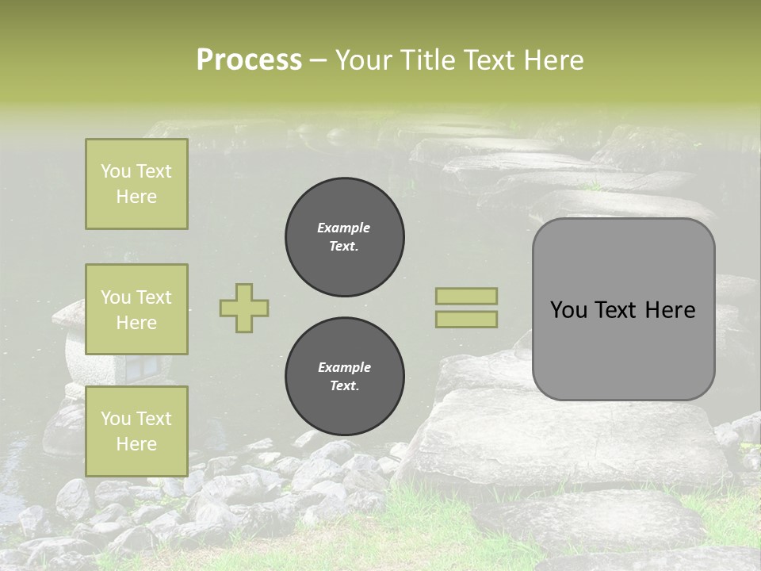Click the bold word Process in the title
click(x=249, y=60)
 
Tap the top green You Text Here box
click(x=136, y=184)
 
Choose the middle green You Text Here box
click(x=136, y=309)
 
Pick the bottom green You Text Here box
click(x=136, y=431)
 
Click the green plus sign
click(x=244, y=308)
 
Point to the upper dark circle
click(x=344, y=237)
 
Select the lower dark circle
click(x=344, y=377)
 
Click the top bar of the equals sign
click(x=466, y=296)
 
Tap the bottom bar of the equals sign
click(x=466, y=319)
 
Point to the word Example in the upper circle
click(x=344, y=228)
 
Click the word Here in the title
click(x=553, y=60)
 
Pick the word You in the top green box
click(x=115, y=171)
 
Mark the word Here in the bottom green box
click(x=136, y=444)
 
